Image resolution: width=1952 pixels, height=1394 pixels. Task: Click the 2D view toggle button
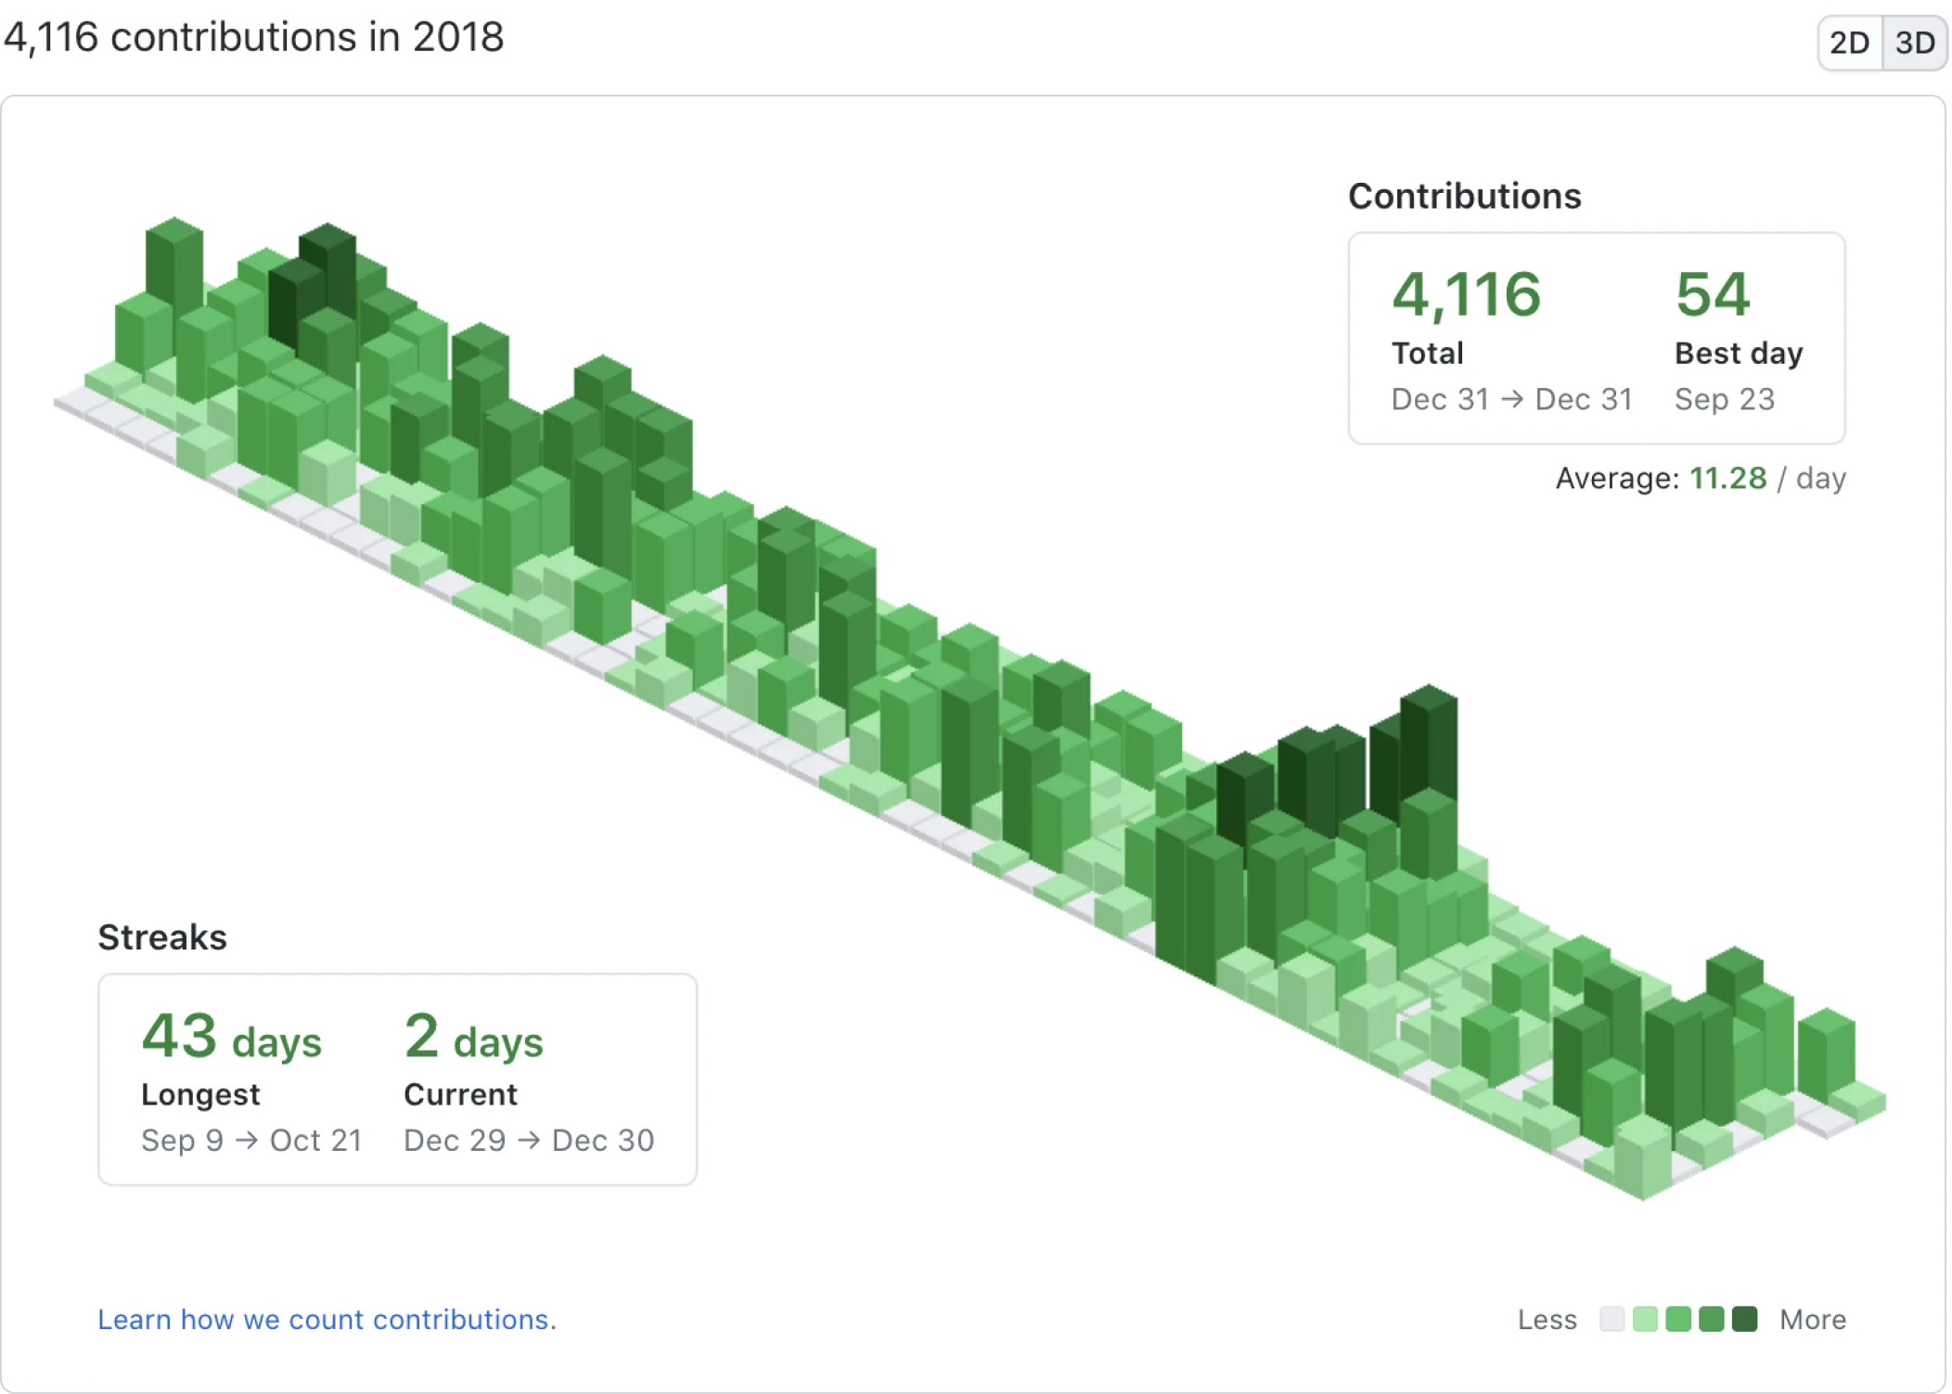click(1850, 43)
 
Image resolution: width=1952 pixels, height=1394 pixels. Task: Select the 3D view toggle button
click(1915, 43)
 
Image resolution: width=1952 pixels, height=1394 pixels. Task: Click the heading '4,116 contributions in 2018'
click(253, 38)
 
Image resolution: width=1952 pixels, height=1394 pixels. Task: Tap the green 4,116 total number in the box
click(1466, 295)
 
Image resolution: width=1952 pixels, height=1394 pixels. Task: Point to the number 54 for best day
click(1713, 295)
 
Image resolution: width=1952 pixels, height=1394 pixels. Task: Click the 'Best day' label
click(1739, 354)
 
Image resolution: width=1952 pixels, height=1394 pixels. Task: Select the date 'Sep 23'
click(1725, 399)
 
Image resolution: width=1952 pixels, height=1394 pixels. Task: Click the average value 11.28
click(1727, 478)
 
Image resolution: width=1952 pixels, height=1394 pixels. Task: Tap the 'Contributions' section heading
click(1465, 197)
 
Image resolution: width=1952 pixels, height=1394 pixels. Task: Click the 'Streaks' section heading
click(162, 937)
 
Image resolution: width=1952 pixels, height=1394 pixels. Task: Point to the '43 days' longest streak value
click(232, 1037)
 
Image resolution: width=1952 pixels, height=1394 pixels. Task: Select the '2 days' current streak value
click(474, 1037)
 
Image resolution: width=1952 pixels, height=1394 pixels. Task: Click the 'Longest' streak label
click(200, 1095)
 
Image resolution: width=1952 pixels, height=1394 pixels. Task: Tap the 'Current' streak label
click(460, 1095)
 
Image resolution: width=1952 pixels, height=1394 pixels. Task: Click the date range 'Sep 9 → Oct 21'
click(251, 1141)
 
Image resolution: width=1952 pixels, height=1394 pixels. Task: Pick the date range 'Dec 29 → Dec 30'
click(529, 1141)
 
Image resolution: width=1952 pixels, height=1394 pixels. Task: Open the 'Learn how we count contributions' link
click(327, 1320)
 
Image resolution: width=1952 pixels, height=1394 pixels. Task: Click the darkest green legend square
click(1745, 1319)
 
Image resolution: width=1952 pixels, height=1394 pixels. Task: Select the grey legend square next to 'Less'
click(1612, 1319)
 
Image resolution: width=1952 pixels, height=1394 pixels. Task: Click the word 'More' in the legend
click(1813, 1320)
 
